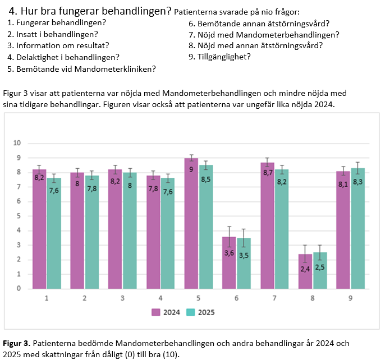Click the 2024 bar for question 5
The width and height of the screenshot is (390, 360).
pos(191,224)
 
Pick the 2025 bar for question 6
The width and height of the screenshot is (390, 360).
pos(244,264)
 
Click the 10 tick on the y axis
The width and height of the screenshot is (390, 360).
pos(17,143)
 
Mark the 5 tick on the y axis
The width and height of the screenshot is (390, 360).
pos(18,216)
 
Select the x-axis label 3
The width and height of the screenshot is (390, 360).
pos(122,299)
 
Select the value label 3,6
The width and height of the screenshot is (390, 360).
pos(229,252)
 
